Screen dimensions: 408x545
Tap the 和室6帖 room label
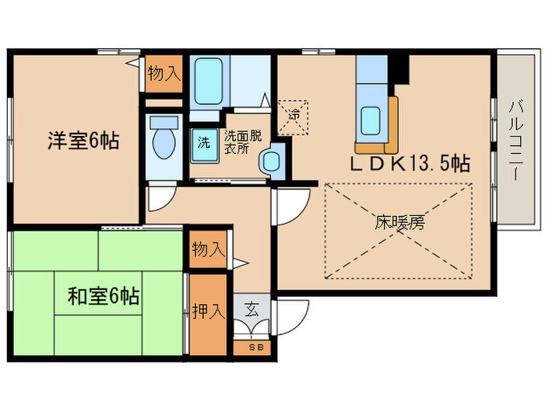pos(104,296)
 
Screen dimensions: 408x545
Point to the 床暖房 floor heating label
pos(400,223)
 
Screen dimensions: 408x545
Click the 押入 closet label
pos(208,312)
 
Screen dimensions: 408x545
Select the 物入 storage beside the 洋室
pos(164,75)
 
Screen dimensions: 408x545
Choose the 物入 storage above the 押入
pos(208,249)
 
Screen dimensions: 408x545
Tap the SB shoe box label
pos(255,347)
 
